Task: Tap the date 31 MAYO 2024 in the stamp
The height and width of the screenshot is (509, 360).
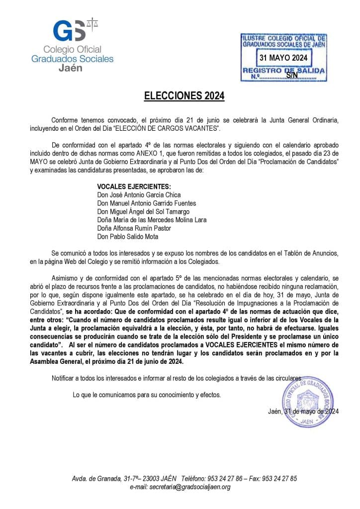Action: [283, 58]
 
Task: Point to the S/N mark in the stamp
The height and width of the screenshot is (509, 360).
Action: [292, 75]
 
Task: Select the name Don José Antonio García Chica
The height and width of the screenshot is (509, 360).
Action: [139, 195]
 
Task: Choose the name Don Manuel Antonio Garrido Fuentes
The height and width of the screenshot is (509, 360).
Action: [147, 203]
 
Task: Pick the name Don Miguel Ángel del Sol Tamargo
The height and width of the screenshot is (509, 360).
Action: [143, 212]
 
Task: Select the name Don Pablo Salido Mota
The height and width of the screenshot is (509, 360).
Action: [128, 237]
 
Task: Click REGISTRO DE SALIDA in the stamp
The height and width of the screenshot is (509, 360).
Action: [283, 71]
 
